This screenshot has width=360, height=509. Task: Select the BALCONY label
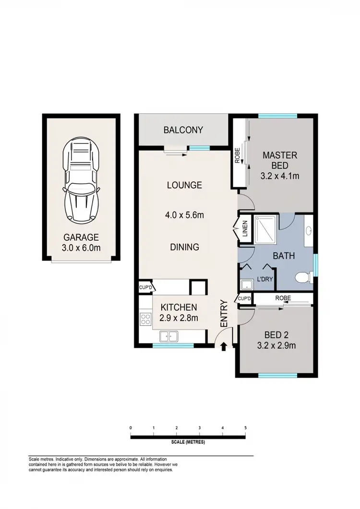[x=183, y=130]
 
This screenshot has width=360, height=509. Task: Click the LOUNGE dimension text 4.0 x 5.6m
[x=184, y=215]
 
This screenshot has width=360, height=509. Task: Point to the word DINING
[x=184, y=247]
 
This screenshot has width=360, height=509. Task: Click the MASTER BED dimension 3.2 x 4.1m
[x=280, y=176]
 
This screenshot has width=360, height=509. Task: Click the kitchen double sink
[x=169, y=336]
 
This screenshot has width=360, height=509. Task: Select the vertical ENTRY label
[x=224, y=314]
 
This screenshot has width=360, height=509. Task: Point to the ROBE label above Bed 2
[x=283, y=298]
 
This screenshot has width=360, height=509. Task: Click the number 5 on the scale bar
[x=245, y=428]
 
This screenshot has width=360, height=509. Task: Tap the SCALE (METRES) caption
[x=188, y=442]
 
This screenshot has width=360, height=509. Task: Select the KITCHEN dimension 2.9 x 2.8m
[x=179, y=317]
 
